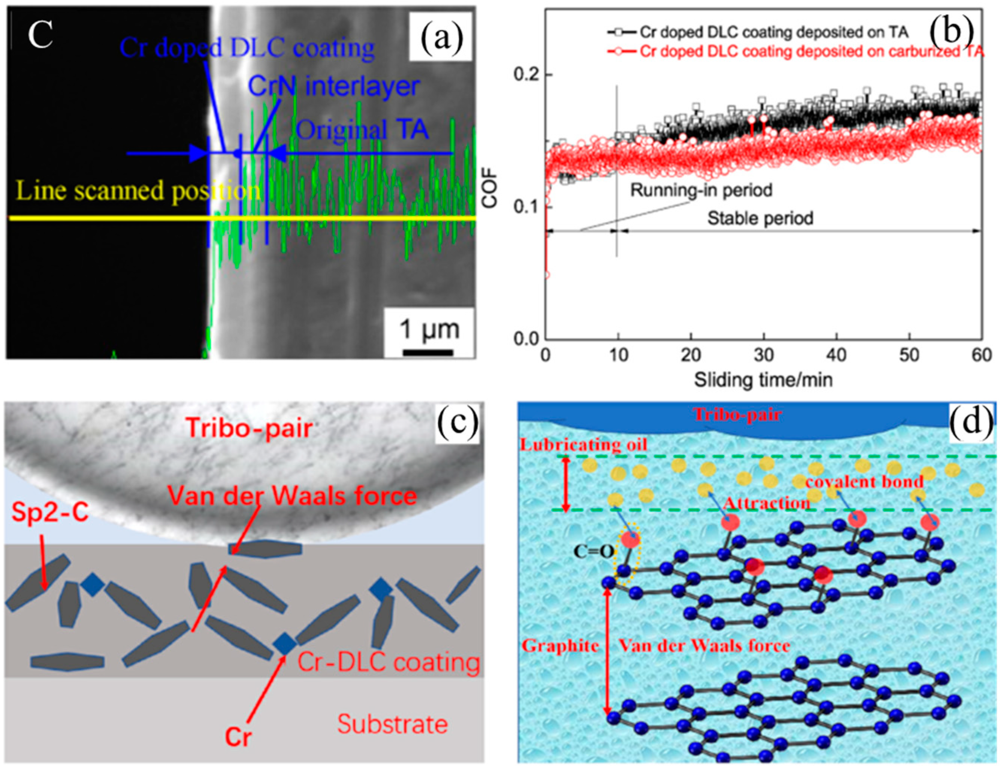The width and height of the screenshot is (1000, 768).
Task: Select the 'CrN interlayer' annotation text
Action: (x=334, y=86)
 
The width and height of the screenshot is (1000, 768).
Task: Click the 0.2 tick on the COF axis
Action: (x=527, y=74)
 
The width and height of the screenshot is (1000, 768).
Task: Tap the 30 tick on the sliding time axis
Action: (x=763, y=355)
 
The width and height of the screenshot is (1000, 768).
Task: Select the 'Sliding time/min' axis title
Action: (x=763, y=379)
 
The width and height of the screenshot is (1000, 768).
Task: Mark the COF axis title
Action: (x=490, y=192)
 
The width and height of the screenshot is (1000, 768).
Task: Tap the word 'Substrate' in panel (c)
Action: (x=392, y=724)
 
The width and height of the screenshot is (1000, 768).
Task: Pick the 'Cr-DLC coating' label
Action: (x=388, y=663)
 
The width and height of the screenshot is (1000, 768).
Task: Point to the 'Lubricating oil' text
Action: (x=584, y=445)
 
